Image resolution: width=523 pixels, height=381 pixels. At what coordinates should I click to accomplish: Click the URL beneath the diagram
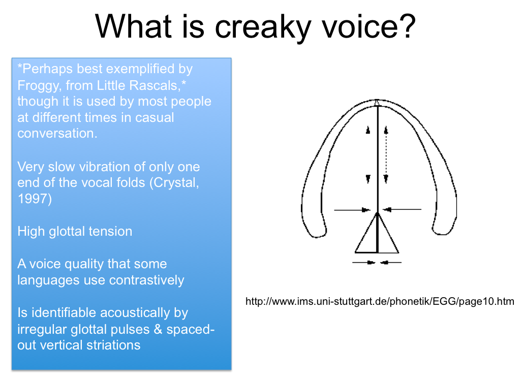(380, 302)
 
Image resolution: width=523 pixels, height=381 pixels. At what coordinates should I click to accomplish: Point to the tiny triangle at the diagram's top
(377, 104)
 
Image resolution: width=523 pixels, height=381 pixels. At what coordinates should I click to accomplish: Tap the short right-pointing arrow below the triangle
(364, 262)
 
